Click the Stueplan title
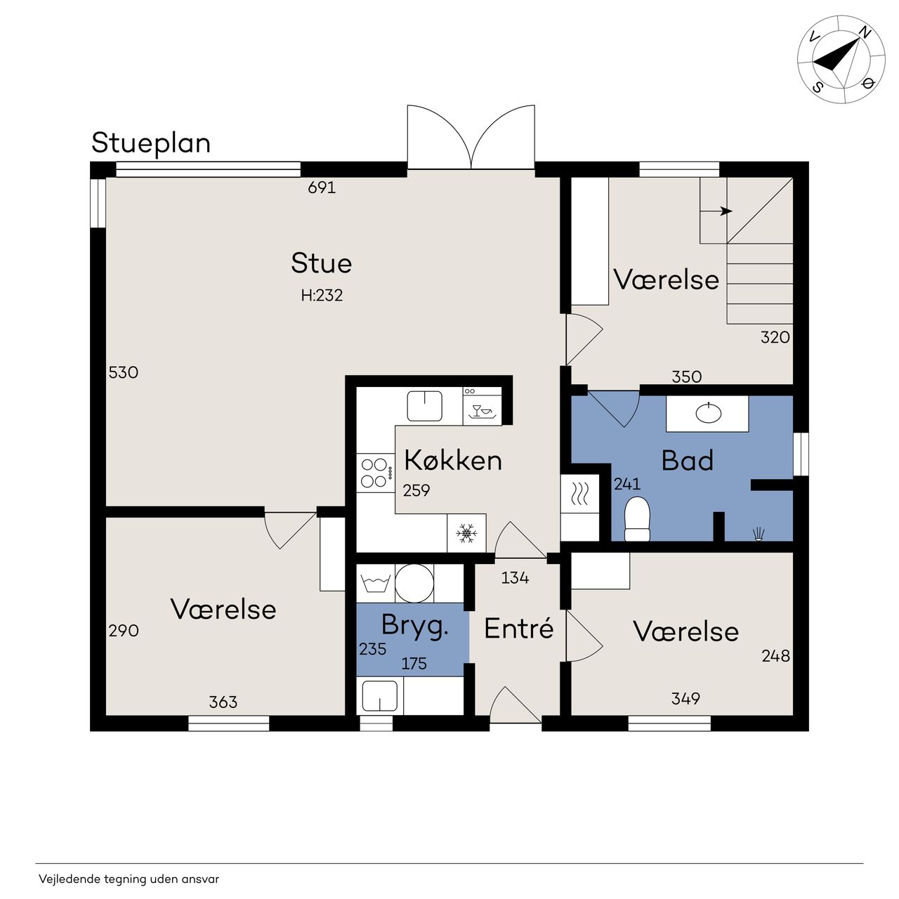151,144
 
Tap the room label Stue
321,263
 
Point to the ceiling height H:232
322,295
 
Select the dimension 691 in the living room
322,188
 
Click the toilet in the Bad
637,519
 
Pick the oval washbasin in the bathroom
708,413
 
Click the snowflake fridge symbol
466,533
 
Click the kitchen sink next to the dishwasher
424,406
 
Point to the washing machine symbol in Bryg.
376,583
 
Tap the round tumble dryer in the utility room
414,583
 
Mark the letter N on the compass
865,32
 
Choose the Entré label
519,629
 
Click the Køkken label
453,461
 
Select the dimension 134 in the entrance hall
515,578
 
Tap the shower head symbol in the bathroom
758,534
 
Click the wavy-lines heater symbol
580,494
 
